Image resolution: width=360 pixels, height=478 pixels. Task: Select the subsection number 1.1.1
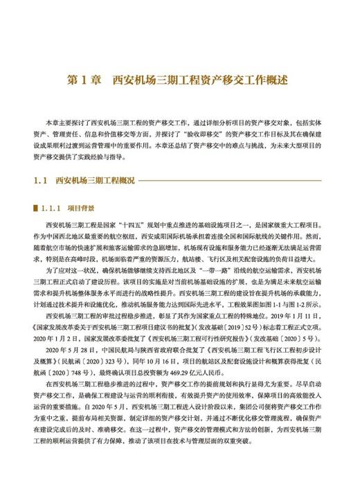tap(52, 207)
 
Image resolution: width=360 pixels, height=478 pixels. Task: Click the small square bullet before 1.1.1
tap(35, 207)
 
